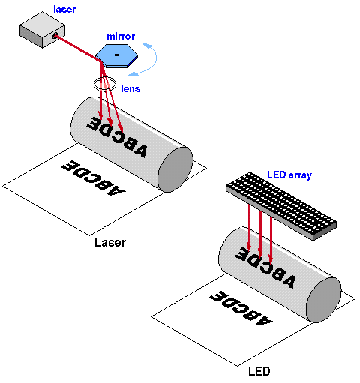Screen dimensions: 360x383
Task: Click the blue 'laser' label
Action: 64,9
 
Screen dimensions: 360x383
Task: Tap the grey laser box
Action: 42,30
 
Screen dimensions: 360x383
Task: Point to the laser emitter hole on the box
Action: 55,36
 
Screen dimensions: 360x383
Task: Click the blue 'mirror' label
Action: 121,37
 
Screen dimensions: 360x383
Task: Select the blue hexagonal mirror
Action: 116,55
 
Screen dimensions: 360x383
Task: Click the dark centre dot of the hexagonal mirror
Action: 116,55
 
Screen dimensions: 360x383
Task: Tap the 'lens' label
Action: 130,88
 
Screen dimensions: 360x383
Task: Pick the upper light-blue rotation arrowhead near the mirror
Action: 148,45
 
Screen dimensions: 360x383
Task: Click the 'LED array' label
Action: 289,175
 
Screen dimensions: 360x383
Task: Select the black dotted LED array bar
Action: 281,206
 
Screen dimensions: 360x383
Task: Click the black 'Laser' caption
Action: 110,242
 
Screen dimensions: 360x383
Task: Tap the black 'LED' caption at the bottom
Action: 259,371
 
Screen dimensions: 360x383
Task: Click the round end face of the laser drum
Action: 175,169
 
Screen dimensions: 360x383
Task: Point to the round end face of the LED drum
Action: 323,300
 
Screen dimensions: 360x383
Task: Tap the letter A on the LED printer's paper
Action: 265,321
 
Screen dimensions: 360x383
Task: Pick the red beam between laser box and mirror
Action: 78,48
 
